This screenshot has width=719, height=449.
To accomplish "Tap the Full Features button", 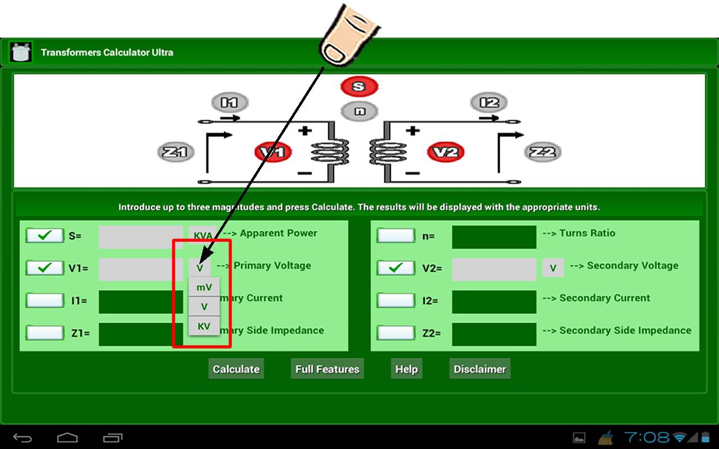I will click(x=327, y=369).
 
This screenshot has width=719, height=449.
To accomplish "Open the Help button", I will click(x=406, y=369).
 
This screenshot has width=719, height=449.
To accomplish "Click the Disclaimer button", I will click(x=480, y=369).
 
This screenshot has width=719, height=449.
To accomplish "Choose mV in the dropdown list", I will click(x=204, y=287).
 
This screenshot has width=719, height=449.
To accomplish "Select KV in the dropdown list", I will click(x=204, y=326).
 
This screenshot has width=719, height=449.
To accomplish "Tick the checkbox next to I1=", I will click(x=45, y=300).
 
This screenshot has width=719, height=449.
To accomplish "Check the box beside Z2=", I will click(x=395, y=333).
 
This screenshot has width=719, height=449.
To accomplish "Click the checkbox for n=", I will click(x=395, y=236).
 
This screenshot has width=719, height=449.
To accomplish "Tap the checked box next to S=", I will click(x=45, y=236).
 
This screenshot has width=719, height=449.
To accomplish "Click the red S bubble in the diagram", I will click(x=359, y=86).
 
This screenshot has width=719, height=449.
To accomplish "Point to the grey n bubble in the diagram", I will click(x=359, y=111).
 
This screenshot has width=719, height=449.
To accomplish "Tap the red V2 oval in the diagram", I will click(x=446, y=152).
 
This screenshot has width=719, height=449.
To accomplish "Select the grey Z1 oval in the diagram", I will click(x=175, y=152).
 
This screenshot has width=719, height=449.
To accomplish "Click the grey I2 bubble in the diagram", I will click(x=489, y=103).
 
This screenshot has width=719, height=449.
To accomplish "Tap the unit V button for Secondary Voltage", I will click(x=553, y=268).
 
